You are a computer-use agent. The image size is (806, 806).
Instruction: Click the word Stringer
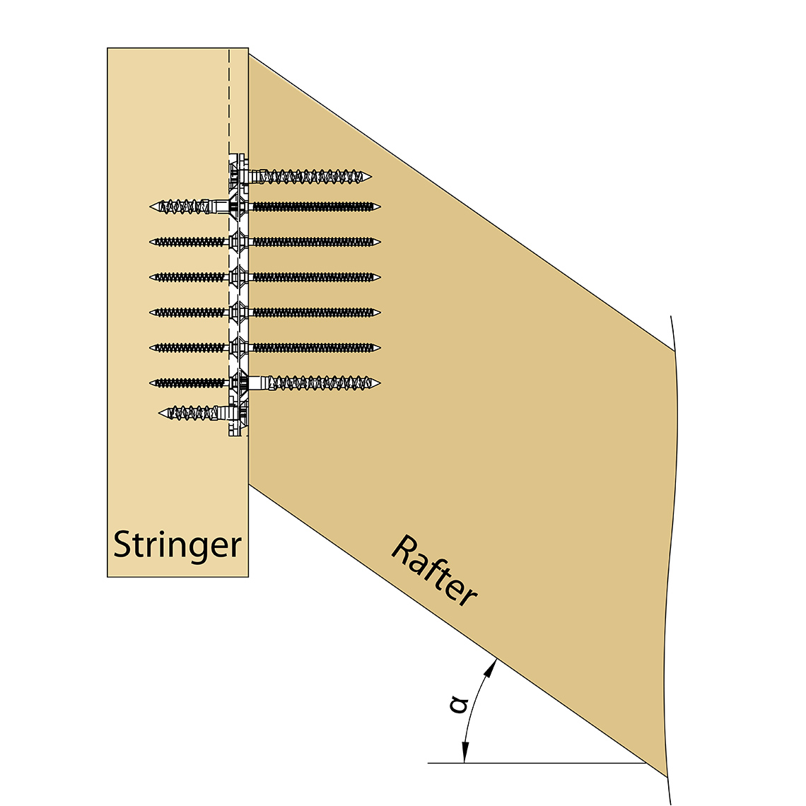(177, 545)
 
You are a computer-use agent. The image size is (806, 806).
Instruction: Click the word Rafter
(433, 571)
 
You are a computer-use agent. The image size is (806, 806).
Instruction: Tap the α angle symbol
(460, 704)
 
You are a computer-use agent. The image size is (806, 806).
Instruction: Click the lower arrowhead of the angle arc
(465, 756)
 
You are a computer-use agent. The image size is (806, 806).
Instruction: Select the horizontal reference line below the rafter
(537, 764)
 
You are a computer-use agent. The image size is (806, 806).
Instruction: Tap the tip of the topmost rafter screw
(370, 176)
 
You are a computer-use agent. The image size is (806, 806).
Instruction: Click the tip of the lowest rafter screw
(379, 383)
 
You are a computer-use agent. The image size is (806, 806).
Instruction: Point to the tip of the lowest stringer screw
(160, 412)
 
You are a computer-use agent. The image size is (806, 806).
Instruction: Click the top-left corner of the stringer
(107, 48)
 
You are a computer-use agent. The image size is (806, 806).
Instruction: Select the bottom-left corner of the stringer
(107, 577)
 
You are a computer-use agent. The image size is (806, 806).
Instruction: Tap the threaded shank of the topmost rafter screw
(311, 176)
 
